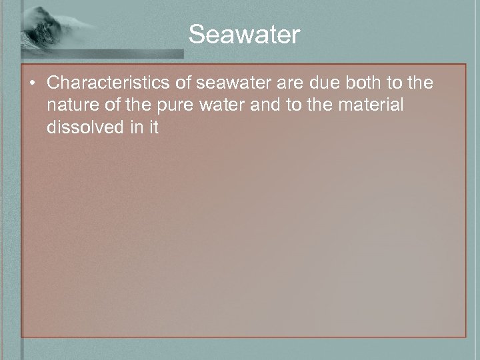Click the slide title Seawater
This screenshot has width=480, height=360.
pyautogui.click(x=244, y=34)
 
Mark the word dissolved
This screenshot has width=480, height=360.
pyautogui.click(x=83, y=127)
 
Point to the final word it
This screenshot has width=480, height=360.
pyautogui.click(x=153, y=127)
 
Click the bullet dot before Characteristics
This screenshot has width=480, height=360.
pyautogui.click(x=33, y=84)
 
